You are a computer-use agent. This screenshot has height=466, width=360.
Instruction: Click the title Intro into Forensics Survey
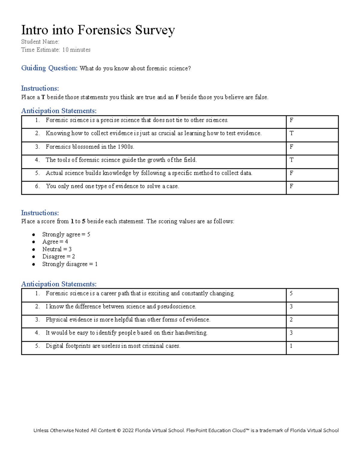[x=98, y=30]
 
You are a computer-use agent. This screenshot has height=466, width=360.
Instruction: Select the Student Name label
[x=40, y=42]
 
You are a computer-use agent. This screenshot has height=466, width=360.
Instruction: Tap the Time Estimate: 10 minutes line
[x=55, y=50]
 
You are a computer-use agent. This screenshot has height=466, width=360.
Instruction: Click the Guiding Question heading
[x=49, y=68]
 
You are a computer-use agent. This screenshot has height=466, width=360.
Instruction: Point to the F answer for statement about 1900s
[x=291, y=147]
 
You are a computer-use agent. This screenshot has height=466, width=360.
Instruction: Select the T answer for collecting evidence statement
[x=291, y=133]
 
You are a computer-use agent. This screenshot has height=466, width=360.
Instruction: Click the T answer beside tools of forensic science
[x=291, y=160]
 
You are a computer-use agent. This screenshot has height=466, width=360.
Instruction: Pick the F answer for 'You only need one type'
[x=291, y=186]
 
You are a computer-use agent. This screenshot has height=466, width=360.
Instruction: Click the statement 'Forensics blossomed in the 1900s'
[x=90, y=147]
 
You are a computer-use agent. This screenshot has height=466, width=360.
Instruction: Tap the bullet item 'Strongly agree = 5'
[x=66, y=234]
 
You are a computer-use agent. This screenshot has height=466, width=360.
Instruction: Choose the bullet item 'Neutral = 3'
[x=57, y=249]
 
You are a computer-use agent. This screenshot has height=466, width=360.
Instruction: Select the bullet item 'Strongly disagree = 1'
[x=70, y=264]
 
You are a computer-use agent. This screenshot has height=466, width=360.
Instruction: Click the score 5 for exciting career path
[x=291, y=293]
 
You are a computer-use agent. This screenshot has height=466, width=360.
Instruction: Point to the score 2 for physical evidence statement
[x=291, y=320]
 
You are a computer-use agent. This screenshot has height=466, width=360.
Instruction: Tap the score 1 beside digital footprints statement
[x=291, y=346]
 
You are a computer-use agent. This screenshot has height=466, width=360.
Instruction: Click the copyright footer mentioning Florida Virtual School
[x=186, y=430]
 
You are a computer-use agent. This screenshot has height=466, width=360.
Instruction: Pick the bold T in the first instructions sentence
[x=43, y=97]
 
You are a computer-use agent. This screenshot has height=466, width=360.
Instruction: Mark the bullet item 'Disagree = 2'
[x=58, y=257]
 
